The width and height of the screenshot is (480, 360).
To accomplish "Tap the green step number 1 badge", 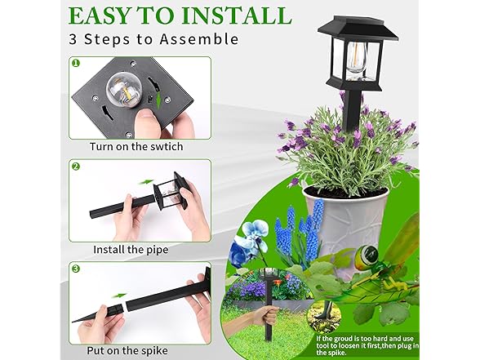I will click(76, 62).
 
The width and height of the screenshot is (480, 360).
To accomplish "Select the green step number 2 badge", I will click(76, 167).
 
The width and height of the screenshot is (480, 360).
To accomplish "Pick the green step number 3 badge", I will click(76, 269).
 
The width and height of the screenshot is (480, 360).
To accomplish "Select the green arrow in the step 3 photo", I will click(121, 296).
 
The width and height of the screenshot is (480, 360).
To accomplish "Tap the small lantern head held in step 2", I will click(169, 196).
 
